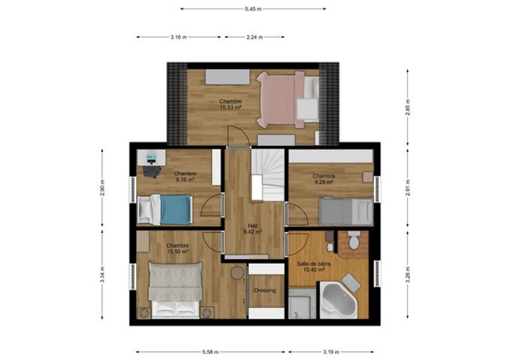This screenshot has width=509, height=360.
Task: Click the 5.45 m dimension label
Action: [x=253, y=9]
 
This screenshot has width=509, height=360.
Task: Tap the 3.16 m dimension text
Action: [x=178, y=37]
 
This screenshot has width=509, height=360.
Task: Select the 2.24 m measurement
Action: [x=254, y=37]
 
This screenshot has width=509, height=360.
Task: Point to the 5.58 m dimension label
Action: [x=210, y=352]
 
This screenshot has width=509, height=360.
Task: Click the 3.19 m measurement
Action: [x=331, y=352]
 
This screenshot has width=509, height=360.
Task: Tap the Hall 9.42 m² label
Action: [x=252, y=229]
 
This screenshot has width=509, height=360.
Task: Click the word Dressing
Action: [x=265, y=290]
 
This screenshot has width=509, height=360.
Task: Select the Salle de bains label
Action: [x=313, y=264]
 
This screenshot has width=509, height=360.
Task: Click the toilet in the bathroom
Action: [x=354, y=240]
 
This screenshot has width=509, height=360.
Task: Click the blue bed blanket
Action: [x=175, y=209]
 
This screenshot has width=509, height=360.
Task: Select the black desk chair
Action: [x=152, y=171]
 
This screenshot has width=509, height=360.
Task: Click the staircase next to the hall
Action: [x=268, y=175]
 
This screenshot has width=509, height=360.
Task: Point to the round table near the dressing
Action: [x=237, y=272]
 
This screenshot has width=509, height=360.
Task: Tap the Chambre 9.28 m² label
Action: [x=324, y=179]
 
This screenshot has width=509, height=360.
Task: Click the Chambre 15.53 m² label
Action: [x=230, y=104]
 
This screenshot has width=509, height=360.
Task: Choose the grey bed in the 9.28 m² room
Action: [x=346, y=211]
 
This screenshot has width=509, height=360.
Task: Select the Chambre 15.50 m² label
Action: [x=178, y=249]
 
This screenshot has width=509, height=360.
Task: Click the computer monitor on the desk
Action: [x=151, y=160]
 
